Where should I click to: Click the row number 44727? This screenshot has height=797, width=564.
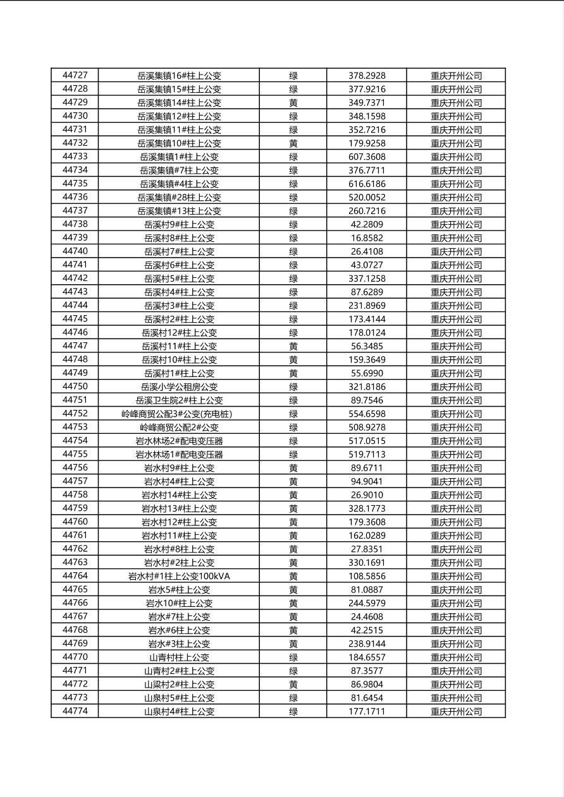(x=75, y=76)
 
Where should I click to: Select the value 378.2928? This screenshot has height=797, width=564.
(x=367, y=76)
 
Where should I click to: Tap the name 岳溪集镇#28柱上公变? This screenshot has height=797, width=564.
(x=179, y=198)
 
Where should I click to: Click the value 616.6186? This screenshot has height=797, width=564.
(x=367, y=184)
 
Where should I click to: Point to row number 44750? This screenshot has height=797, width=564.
(x=75, y=387)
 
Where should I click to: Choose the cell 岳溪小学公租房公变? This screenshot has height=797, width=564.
(x=179, y=387)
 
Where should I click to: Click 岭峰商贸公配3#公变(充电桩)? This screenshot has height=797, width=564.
(x=179, y=414)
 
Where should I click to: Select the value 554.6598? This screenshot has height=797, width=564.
(x=367, y=414)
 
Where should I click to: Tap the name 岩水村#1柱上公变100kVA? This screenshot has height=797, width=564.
(x=179, y=576)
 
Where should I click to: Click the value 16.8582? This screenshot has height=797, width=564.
(x=367, y=238)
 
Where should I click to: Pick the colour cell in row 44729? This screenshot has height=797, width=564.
(x=293, y=103)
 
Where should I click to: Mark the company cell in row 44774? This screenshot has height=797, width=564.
(x=456, y=711)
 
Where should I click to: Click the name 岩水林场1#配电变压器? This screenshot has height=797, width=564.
(x=179, y=454)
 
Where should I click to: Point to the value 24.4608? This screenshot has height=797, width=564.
(x=367, y=616)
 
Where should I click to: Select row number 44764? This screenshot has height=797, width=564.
(x=75, y=576)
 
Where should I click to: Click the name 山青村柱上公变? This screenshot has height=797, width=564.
(x=179, y=657)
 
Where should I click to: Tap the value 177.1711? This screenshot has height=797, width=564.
(x=367, y=711)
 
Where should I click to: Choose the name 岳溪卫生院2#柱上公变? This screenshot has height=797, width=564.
(x=179, y=400)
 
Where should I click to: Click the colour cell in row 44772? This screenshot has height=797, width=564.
(x=293, y=685)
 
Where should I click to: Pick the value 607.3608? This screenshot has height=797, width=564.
(x=367, y=157)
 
